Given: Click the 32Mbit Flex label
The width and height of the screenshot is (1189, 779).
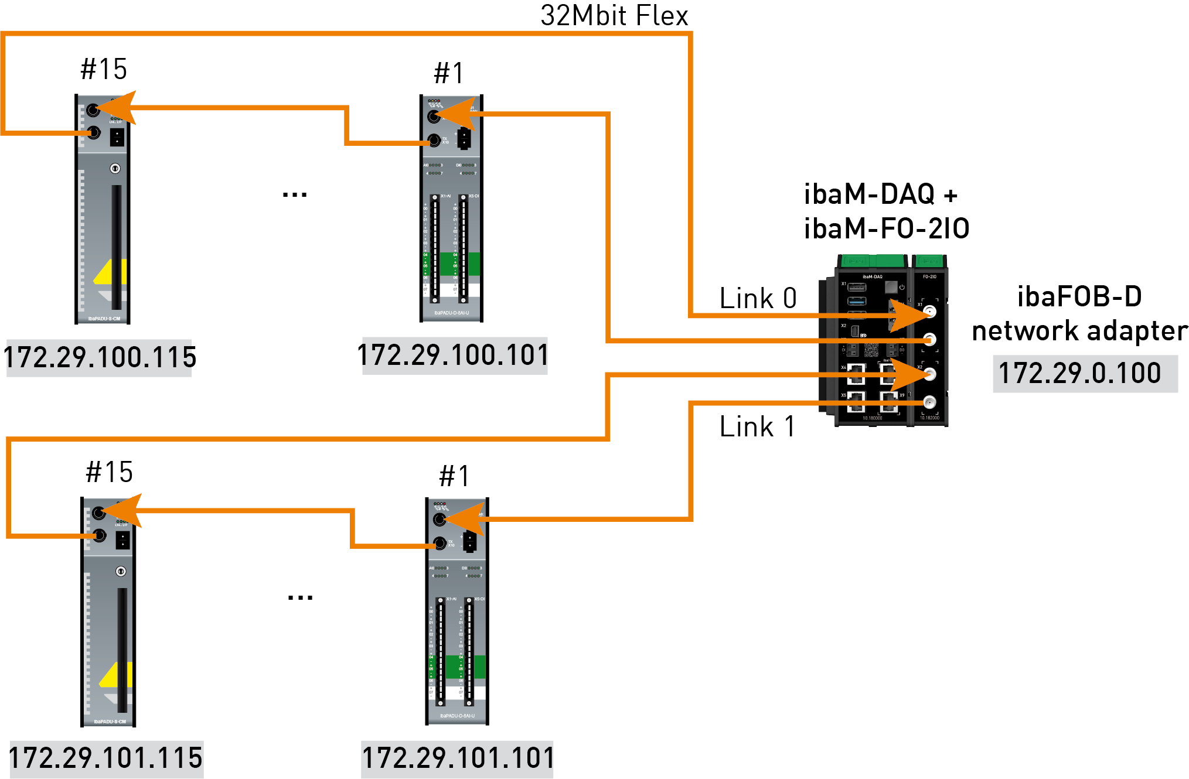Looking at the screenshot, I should [x=614, y=16].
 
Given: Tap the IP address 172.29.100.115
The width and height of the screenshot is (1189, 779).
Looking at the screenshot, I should [x=100, y=357].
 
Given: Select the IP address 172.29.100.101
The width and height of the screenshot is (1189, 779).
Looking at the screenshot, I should [x=453, y=356].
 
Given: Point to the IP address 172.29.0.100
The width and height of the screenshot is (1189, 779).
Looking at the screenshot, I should [x=1079, y=374].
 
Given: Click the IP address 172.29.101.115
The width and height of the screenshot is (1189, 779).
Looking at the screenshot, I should [x=105, y=758].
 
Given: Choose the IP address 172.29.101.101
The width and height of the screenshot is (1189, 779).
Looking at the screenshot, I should [x=458, y=758].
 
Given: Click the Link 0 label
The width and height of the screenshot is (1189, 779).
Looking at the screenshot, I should [x=758, y=299].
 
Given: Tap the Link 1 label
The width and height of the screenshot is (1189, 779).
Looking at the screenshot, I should [x=758, y=427].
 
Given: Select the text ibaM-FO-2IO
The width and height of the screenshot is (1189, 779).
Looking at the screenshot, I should [x=886, y=229].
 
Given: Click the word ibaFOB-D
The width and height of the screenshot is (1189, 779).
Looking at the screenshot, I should [x=1079, y=297].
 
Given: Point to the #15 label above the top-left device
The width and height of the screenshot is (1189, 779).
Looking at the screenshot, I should [x=104, y=69].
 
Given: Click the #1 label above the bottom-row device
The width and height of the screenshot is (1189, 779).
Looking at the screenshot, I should [x=454, y=476].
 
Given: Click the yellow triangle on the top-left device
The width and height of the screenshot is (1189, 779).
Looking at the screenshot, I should [x=110, y=273].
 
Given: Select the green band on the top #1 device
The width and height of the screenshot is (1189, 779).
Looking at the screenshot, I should [x=451, y=264].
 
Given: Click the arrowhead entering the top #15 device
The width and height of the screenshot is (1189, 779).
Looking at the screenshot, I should [x=117, y=108].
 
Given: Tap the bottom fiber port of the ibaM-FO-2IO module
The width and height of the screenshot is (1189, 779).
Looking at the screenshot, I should [x=929, y=402].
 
